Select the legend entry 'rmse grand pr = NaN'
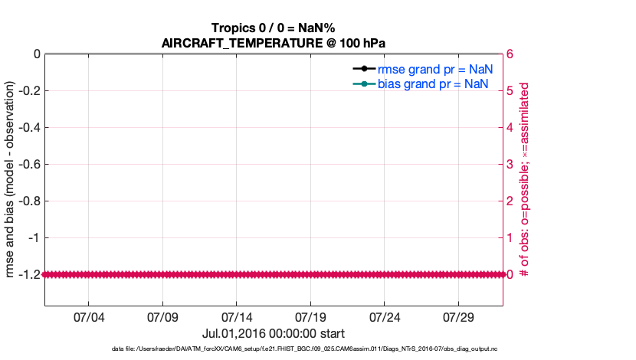(434, 69)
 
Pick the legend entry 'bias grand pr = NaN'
(433, 83)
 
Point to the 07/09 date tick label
(162, 317)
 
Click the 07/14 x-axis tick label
(237, 317)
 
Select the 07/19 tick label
(311, 317)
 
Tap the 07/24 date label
(385, 317)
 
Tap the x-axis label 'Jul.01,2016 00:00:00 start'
(274, 333)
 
